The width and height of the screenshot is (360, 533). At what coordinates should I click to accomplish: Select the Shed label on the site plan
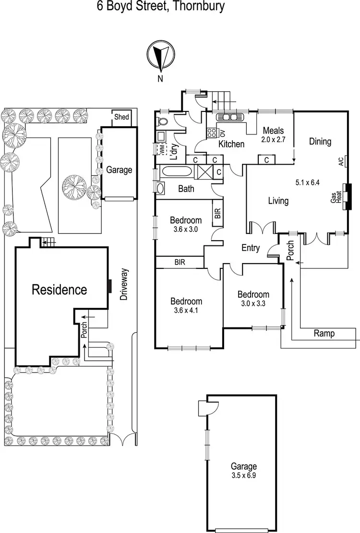[121, 117]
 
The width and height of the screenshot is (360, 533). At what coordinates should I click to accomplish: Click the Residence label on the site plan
[59, 290]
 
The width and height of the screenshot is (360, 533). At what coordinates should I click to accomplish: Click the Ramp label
[324, 333]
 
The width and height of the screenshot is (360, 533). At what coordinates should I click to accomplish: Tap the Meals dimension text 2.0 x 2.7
[273, 140]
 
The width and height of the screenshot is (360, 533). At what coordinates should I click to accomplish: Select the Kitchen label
[231, 144]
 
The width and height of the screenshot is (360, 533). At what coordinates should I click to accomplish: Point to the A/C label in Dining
[341, 161]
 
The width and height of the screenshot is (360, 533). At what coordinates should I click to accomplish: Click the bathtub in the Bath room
[176, 171]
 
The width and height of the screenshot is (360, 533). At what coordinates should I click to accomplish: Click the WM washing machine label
[162, 149]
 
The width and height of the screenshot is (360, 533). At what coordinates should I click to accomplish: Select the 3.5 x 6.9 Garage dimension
[243, 475]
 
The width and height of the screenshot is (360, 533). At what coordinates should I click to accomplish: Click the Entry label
[251, 248]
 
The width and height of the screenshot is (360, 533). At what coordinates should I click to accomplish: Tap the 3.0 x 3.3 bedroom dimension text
[253, 304]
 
